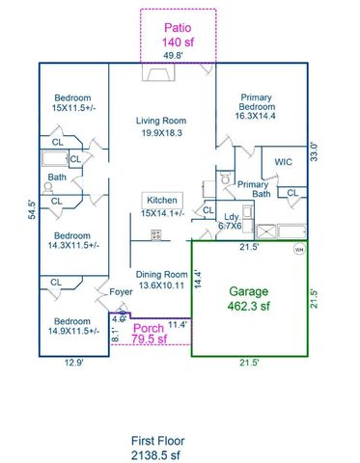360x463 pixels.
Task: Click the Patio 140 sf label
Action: [178, 35]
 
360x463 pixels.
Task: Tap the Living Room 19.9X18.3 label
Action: [159, 125]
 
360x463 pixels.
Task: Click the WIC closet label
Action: [283, 162]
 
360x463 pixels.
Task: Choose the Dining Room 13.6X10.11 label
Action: [161, 279]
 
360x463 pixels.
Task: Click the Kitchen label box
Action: [160, 199]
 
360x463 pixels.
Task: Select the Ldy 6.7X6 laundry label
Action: [232, 221]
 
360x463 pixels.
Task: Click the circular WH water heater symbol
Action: [298, 249]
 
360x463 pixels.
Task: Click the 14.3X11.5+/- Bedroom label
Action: [72, 241]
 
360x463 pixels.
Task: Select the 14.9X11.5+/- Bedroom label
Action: [72, 324]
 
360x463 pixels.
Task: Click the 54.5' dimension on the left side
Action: [32, 211]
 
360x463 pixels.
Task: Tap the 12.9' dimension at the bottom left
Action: [72, 363]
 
